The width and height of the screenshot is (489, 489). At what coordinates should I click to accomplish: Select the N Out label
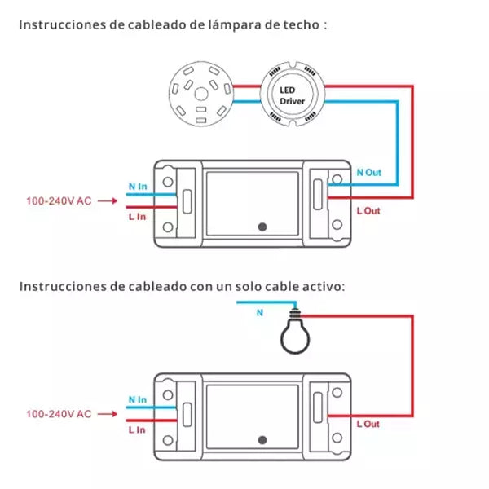click(369, 173)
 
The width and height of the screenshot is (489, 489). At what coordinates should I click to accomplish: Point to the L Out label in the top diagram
click(368, 211)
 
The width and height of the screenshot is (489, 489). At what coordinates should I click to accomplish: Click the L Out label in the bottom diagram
click(368, 425)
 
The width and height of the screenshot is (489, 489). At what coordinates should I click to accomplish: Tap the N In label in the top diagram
click(136, 187)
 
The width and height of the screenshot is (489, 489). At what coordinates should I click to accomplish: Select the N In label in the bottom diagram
click(136, 400)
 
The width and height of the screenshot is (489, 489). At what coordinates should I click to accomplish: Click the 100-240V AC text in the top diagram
click(59, 200)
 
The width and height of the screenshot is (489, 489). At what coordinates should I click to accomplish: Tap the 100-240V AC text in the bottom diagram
click(59, 414)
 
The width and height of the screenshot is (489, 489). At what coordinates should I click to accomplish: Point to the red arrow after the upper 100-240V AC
click(108, 200)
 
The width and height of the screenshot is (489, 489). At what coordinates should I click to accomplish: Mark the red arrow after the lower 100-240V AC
click(108, 414)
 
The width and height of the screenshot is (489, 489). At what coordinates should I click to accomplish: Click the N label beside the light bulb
click(260, 311)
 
